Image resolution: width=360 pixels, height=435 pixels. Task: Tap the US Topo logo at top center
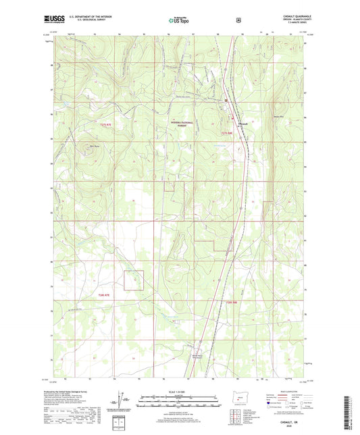click(x=179, y=20)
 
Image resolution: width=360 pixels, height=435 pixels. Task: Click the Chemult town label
click(x=245, y=123)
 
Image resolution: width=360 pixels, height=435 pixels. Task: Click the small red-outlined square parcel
click(x=134, y=280)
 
